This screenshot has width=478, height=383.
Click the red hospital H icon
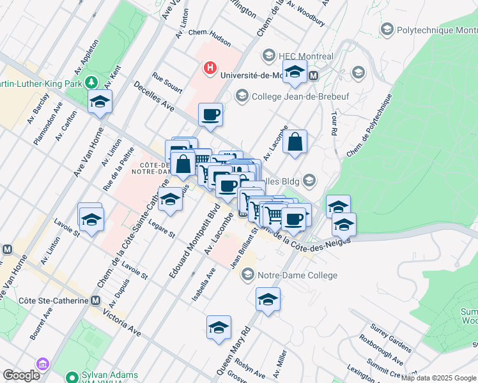(209, 67)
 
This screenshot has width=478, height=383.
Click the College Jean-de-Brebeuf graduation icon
(242, 96)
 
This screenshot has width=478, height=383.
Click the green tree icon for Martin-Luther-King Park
(92, 82)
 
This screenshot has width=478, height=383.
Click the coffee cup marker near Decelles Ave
(210, 116)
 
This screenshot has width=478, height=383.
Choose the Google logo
(21, 375)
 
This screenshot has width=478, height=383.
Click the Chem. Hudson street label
(210, 40)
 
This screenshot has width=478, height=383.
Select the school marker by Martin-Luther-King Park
(100, 102)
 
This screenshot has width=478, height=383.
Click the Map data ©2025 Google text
(439, 378)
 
